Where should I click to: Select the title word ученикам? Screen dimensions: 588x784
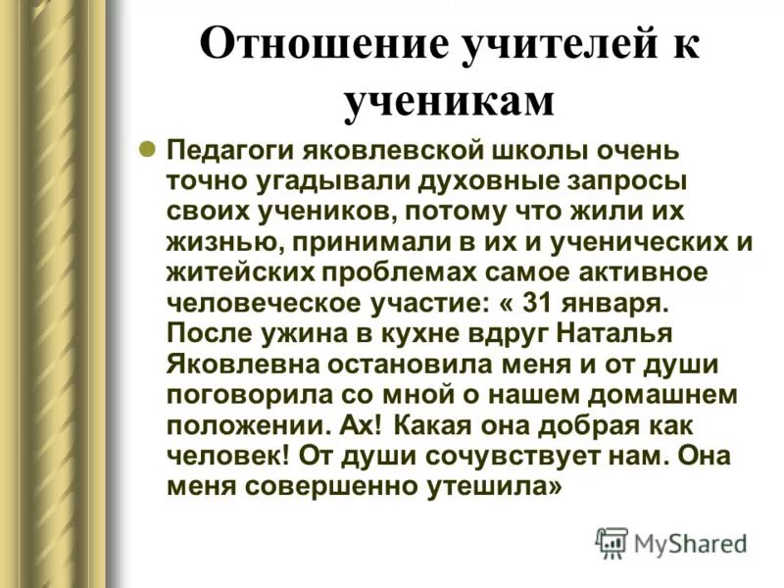coord(448,102)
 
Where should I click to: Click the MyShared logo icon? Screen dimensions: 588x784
coord(612,542)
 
